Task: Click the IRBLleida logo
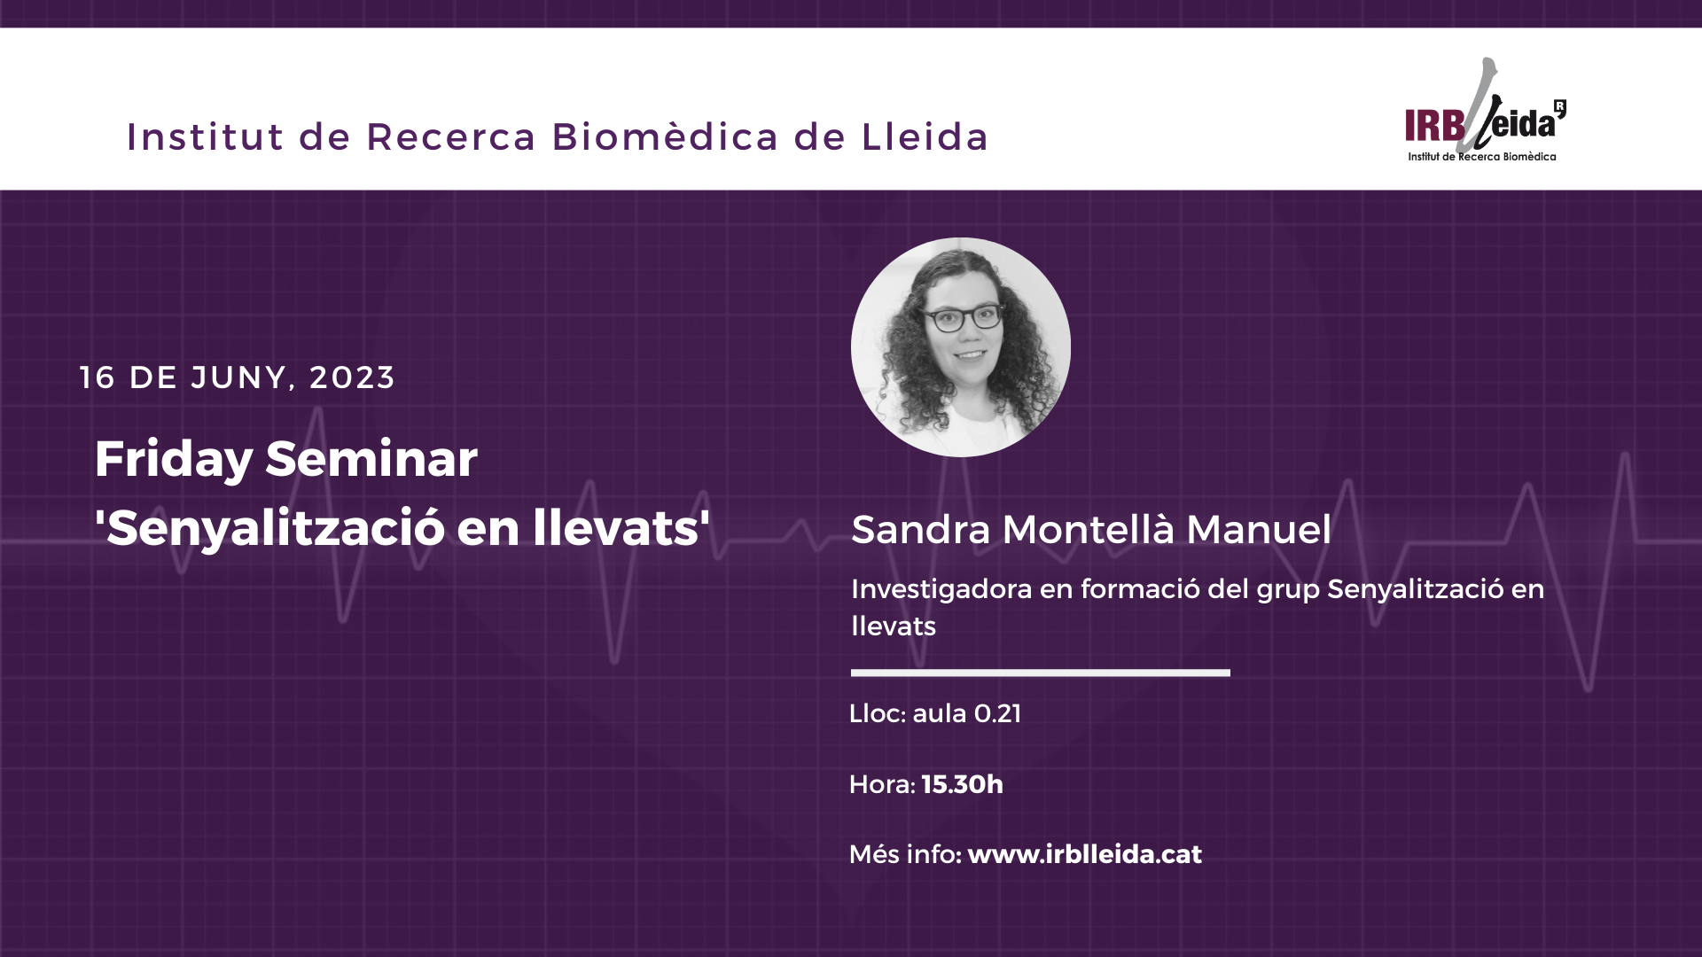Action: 1486,111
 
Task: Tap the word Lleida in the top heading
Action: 925,136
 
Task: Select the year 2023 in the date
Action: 352,377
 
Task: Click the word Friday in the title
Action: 174,460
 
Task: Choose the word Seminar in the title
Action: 371,459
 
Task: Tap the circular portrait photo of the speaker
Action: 961,347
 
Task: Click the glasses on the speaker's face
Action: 964,317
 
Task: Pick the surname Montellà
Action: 1089,530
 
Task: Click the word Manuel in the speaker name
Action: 1259,530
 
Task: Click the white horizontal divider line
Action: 1041,673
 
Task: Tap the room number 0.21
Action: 997,713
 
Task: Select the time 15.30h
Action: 963,784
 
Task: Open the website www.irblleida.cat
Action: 1085,854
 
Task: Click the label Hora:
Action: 882,784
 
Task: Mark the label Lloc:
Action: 878,713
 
